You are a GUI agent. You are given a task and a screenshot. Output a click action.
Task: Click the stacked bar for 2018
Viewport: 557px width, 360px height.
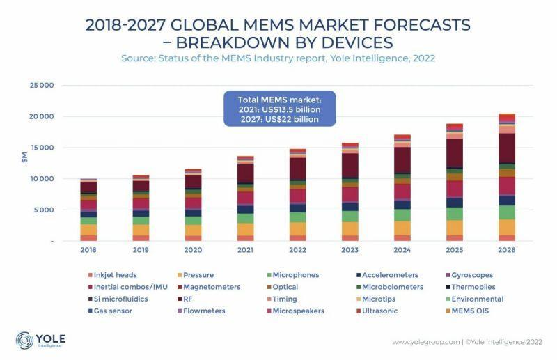coord(88,210)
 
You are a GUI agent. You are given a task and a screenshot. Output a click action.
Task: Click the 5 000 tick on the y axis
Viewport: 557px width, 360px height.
coord(43,210)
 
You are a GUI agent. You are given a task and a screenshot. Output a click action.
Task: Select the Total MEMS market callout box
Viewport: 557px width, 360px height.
coord(278,108)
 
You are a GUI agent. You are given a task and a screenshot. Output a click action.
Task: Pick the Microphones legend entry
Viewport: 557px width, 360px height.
coord(296,275)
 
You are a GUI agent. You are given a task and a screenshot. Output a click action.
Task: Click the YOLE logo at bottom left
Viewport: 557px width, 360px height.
coord(42,341)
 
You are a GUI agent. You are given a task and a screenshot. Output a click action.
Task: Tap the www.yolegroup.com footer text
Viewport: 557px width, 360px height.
coord(425,342)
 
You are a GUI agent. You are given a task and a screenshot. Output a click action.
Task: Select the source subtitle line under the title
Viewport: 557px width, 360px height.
coord(278,58)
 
